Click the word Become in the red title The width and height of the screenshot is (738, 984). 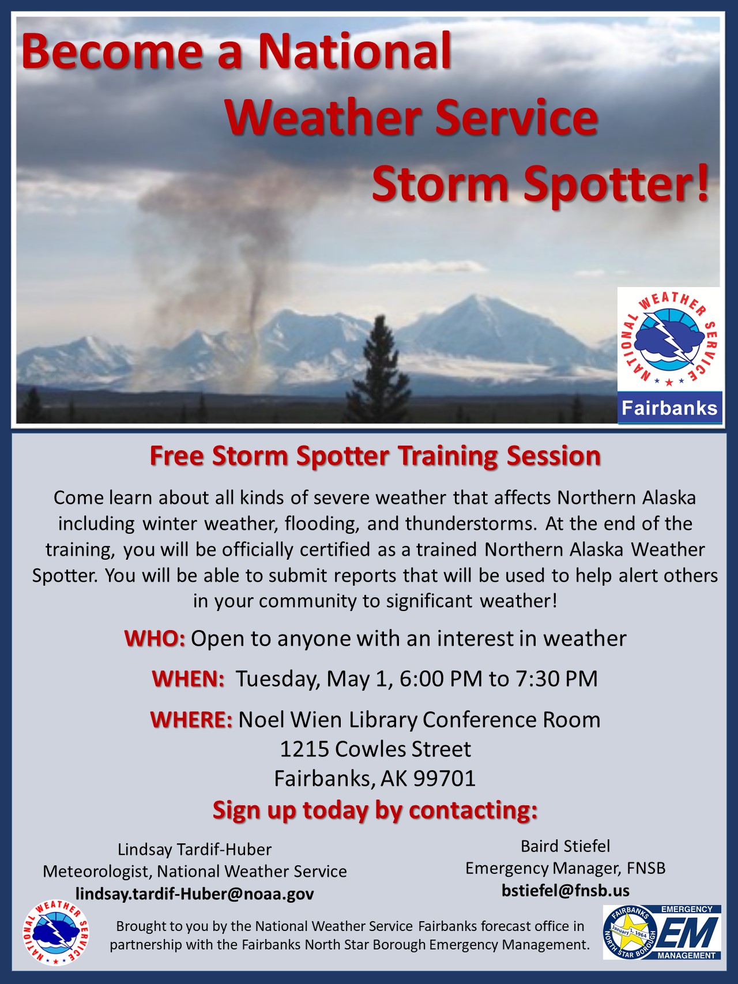point(113,51)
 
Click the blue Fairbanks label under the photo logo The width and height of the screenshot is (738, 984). point(669,408)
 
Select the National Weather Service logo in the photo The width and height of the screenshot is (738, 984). point(669,340)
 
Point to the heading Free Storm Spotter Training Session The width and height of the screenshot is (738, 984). point(375,456)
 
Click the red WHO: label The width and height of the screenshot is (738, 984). point(155,639)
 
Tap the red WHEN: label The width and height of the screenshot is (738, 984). point(188,679)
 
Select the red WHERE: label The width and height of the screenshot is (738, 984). point(191,720)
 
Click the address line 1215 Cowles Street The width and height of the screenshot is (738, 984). point(375,749)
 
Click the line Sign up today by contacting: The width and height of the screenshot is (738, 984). point(375,810)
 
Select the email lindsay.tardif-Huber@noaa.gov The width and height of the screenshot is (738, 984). point(195,894)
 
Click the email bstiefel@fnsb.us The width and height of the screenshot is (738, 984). point(566,891)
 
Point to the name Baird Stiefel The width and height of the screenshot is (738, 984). point(565,846)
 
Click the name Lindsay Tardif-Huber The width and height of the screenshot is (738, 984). point(194,850)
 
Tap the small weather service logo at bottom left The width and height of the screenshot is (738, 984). point(56,933)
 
